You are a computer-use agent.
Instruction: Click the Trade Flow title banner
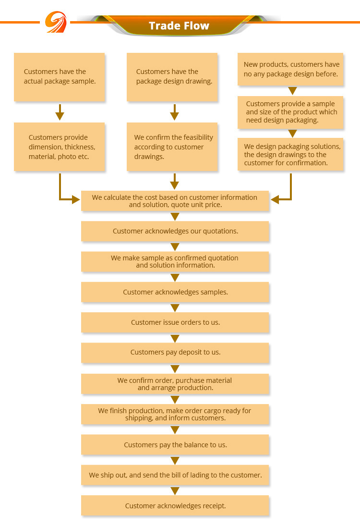(179, 25)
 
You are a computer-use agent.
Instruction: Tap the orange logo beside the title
(56, 22)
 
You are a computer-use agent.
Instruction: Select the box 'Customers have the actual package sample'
(60, 77)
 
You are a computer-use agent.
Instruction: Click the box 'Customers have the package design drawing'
(172, 77)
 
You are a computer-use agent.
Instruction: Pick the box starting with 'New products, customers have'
(290, 69)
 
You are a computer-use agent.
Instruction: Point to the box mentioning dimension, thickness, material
(60, 147)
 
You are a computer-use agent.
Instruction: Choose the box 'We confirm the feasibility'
(172, 147)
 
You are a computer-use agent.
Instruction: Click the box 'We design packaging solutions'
(290, 154)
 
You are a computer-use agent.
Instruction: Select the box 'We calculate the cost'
(175, 201)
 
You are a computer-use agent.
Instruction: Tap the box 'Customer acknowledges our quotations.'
(175, 231)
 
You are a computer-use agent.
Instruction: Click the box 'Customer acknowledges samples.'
(175, 292)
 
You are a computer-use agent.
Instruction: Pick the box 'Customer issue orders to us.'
(175, 322)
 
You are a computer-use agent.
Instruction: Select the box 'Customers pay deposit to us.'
(175, 353)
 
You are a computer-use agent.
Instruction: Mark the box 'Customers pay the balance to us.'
(175, 445)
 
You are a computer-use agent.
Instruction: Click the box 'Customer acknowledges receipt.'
(175, 505)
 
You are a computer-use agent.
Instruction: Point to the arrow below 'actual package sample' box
(60, 112)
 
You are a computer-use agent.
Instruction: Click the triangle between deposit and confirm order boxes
(175, 369)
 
